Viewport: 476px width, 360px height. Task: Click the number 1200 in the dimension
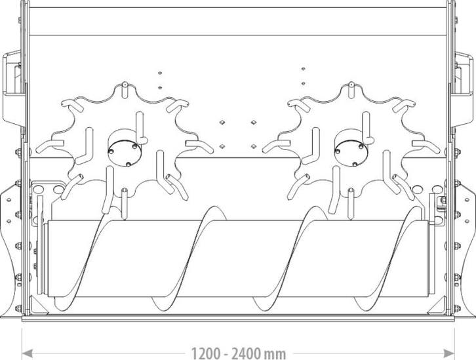click(205, 353)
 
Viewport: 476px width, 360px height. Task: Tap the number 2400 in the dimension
click(246, 353)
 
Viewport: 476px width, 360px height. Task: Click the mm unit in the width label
click(275, 355)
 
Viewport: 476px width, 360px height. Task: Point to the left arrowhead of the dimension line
click(28, 353)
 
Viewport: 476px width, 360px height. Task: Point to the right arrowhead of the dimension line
click(448, 353)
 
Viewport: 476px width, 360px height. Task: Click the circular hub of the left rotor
click(125, 153)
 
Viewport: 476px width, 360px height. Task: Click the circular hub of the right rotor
click(351, 153)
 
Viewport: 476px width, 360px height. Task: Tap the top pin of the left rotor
click(125, 90)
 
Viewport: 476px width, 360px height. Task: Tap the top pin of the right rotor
click(351, 90)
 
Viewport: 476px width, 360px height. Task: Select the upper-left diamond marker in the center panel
click(222, 123)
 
